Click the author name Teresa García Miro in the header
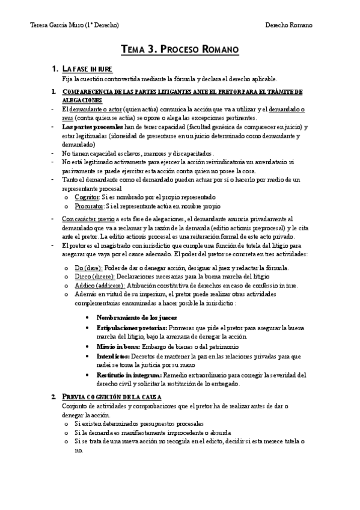click(x=74, y=25)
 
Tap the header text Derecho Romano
click(x=289, y=25)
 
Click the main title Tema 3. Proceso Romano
click(x=180, y=49)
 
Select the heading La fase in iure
click(x=87, y=69)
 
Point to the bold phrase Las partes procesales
click(x=93, y=127)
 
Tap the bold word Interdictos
click(x=113, y=357)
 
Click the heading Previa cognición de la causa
click(x=115, y=397)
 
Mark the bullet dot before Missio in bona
click(x=89, y=348)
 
